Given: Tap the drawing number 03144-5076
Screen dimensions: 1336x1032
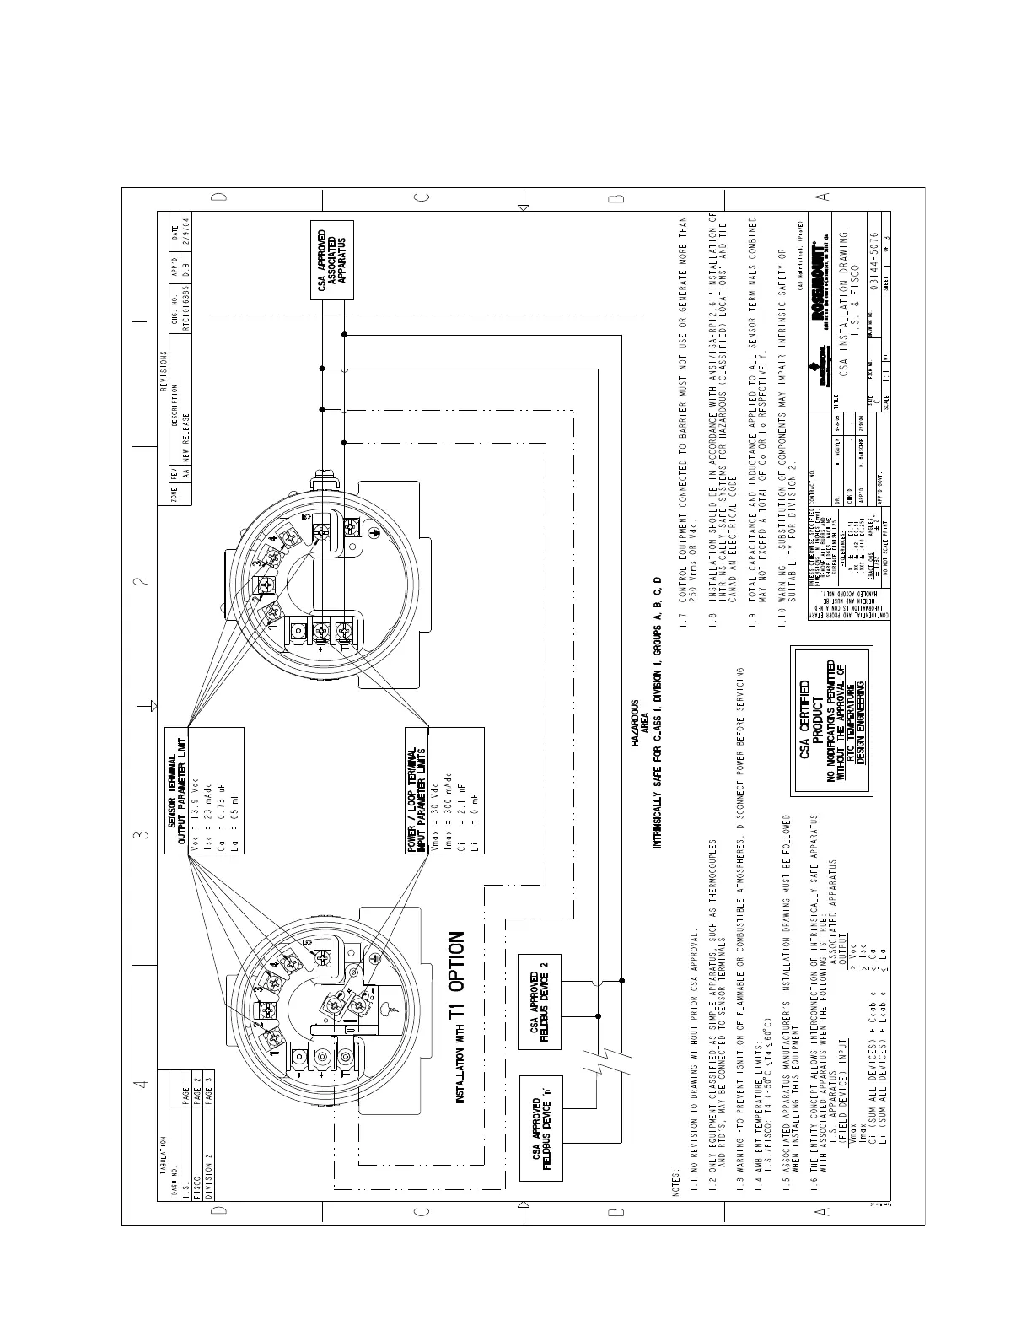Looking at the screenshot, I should (876, 269).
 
